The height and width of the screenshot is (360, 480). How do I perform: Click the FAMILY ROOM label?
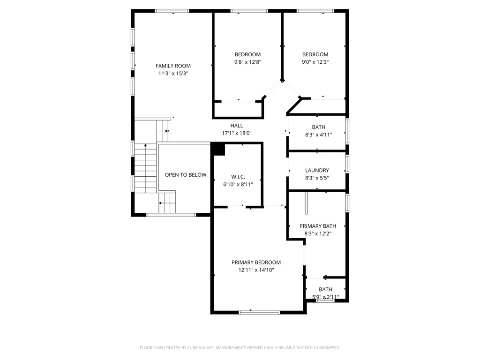[x=173, y=66]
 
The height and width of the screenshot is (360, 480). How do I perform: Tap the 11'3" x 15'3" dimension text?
[x=173, y=74]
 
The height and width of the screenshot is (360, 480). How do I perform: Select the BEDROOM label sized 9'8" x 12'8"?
[x=247, y=54]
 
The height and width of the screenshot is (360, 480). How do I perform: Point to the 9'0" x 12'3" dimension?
[x=315, y=62]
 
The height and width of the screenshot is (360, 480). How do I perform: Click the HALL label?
[x=237, y=126]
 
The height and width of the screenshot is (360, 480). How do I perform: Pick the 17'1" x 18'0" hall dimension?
[x=237, y=133]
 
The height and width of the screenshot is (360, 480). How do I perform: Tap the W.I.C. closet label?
[x=238, y=177]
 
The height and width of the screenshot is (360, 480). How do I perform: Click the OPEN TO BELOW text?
[x=185, y=175]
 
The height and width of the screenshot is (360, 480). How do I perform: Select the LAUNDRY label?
[x=317, y=171]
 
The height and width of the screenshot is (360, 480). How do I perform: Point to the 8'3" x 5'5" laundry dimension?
[x=317, y=178]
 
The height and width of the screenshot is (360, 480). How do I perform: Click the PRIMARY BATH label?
[x=318, y=226]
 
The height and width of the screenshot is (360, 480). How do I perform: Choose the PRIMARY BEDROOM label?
[x=256, y=262]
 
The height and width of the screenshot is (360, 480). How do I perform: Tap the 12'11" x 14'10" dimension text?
[x=256, y=270]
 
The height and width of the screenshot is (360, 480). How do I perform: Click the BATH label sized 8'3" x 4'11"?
[x=319, y=127]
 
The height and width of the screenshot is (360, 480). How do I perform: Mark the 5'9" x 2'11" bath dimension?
[x=325, y=297]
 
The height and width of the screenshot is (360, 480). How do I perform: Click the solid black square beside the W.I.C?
[x=218, y=149]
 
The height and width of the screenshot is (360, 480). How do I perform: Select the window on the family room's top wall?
[x=172, y=11]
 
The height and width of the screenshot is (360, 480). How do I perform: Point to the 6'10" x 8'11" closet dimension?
[x=238, y=185]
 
